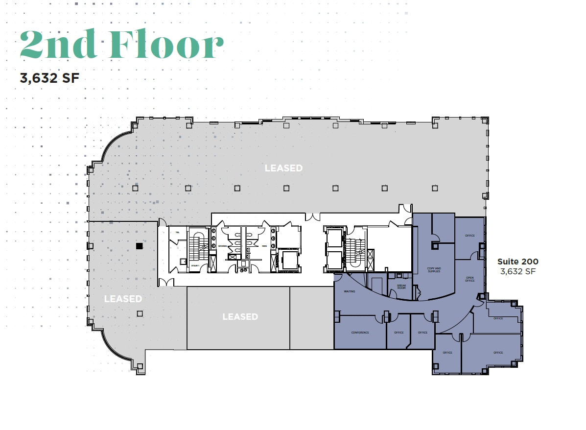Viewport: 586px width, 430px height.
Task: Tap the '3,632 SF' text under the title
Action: pyautogui.click(x=49, y=77)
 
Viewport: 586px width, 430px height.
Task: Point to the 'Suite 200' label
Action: pyautogui.click(x=517, y=262)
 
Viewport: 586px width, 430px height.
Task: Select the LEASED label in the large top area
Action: pyautogui.click(x=283, y=168)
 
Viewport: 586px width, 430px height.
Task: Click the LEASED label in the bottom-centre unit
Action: pyautogui.click(x=240, y=317)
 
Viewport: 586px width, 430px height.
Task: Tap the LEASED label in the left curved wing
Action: pyautogui.click(x=123, y=299)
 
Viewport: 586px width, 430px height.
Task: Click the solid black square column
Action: pyautogui.click(x=139, y=246)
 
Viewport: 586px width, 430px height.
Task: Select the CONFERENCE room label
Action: pyautogui.click(x=360, y=333)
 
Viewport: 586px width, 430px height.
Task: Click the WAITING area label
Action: pyautogui.click(x=350, y=291)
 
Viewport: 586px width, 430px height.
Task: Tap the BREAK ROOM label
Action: pyautogui.click(x=401, y=287)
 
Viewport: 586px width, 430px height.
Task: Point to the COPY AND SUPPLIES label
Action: pyautogui.click(x=434, y=270)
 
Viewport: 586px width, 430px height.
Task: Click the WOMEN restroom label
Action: pyautogui.click(x=223, y=246)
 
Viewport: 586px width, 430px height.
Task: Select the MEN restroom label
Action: pyautogui.click(x=264, y=246)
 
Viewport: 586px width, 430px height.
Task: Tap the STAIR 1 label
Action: pyautogui.click(x=195, y=265)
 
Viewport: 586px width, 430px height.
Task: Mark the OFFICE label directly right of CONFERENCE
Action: pyautogui.click(x=398, y=333)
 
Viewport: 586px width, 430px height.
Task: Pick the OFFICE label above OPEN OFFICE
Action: pyautogui.click(x=470, y=236)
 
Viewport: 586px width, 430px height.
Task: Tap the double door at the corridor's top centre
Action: pyautogui.click(x=311, y=216)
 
